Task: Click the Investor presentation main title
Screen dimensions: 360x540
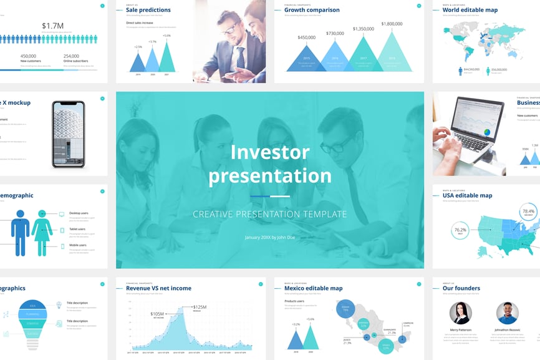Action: click(x=270, y=164)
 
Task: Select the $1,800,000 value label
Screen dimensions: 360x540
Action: click(x=392, y=24)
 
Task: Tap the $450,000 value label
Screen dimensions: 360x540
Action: click(x=307, y=37)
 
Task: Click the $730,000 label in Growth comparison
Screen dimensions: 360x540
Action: click(x=335, y=33)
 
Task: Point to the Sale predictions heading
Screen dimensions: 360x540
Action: click(x=148, y=10)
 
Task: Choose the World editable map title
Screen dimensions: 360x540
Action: click(x=470, y=10)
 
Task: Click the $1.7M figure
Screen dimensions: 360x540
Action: click(x=52, y=26)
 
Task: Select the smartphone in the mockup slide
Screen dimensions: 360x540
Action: click(x=68, y=134)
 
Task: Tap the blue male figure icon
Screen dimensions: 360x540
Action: click(x=20, y=232)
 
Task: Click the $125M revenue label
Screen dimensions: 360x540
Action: click(x=200, y=307)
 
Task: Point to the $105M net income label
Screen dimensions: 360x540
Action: click(x=158, y=314)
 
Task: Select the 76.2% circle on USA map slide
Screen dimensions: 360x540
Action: click(x=460, y=230)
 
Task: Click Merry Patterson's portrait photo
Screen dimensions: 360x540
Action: click(x=460, y=313)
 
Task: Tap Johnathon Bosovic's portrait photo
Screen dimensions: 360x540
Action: click(x=507, y=313)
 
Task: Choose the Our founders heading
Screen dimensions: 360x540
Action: click(x=461, y=288)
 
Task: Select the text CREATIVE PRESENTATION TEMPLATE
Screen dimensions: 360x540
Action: click(x=269, y=214)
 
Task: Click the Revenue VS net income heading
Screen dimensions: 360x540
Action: click(x=158, y=288)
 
